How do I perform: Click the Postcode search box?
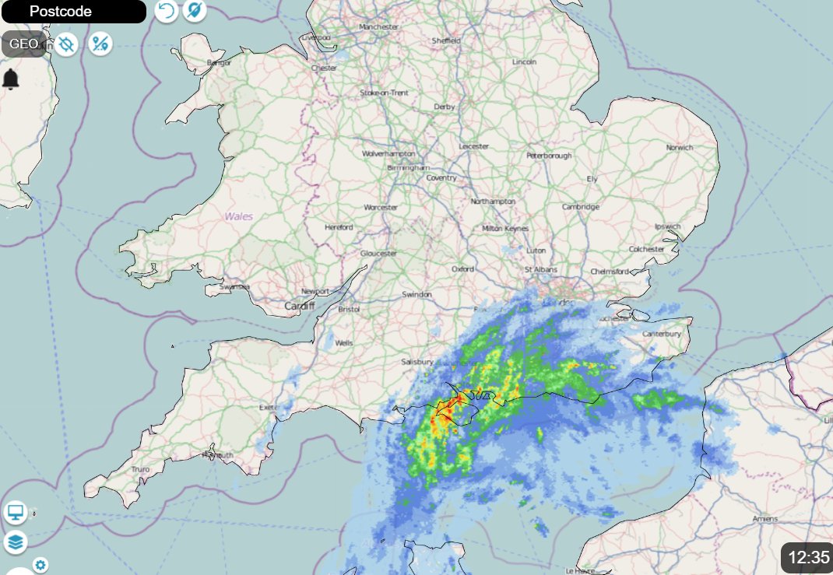point(73,12)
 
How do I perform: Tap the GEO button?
point(23,44)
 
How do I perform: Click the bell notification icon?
point(11,79)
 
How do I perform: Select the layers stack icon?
point(16,542)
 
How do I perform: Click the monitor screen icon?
point(16,513)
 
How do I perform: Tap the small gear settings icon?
point(40,565)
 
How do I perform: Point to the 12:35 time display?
point(808,557)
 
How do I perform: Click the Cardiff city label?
point(298,306)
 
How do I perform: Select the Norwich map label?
point(679,147)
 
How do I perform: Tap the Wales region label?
point(240,216)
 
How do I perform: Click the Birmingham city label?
point(409,167)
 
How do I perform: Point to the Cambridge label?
point(581,207)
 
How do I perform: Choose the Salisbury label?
point(416,363)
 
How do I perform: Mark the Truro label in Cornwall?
point(140,469)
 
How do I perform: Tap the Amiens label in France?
point(765,518)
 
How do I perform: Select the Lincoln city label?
point(524,62)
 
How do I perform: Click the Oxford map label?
point(462,269)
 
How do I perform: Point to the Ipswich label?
point(667,227)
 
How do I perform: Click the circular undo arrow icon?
point(166,11)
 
